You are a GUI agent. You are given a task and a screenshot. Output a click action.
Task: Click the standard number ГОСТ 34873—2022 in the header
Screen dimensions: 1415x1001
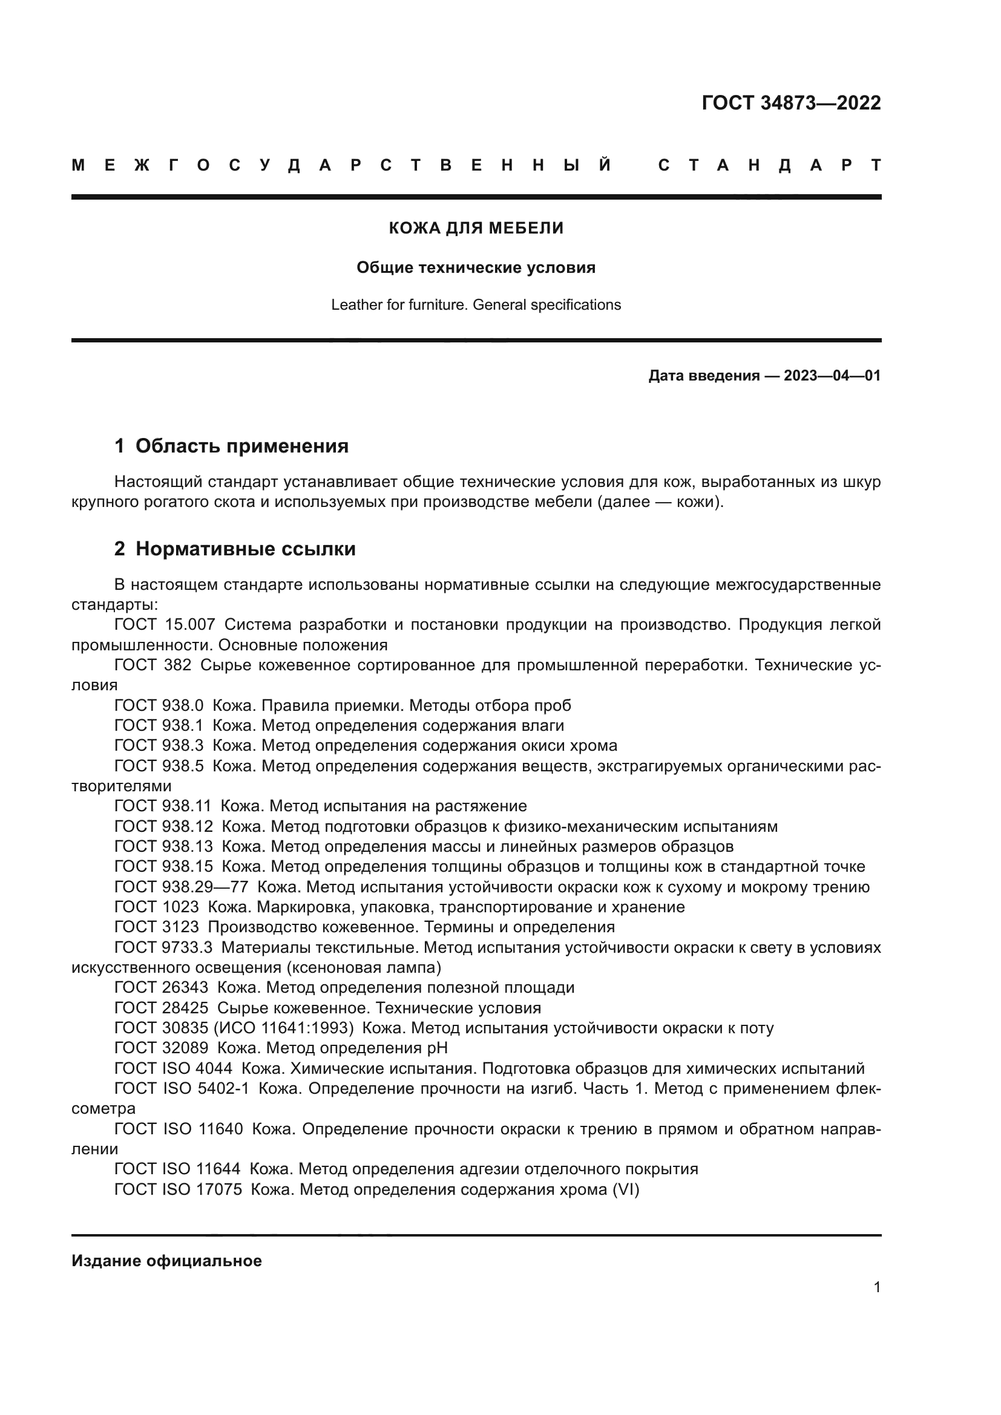point(791,103)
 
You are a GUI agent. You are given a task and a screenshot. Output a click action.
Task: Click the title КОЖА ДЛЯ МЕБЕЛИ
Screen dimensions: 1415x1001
point(476,229)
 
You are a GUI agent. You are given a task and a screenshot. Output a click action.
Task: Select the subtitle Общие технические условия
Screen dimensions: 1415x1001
point(476,267)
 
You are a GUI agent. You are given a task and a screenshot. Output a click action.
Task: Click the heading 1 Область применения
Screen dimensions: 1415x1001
point(231,446)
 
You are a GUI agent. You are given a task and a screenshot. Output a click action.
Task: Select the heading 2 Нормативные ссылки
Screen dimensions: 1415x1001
point(235,549)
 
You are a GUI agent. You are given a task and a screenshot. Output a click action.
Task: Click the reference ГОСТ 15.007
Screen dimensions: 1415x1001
point(165,624)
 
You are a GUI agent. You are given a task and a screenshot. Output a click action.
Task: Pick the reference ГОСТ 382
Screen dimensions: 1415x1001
point(153,665)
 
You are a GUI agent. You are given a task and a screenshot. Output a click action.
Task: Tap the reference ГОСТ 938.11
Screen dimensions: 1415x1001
point(163,806)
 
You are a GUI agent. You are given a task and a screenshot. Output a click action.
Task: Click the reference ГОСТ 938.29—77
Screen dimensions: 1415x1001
point(181,887)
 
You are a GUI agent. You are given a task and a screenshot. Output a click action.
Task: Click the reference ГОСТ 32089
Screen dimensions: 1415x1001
point(162,1048)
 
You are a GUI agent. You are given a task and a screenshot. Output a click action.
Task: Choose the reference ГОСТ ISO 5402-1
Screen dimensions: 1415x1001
point(182,1088)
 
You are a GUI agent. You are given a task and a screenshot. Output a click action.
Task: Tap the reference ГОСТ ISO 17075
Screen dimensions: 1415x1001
point(178,1189)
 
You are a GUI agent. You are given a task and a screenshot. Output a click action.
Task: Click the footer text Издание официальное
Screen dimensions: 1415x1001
point(166,1261)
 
